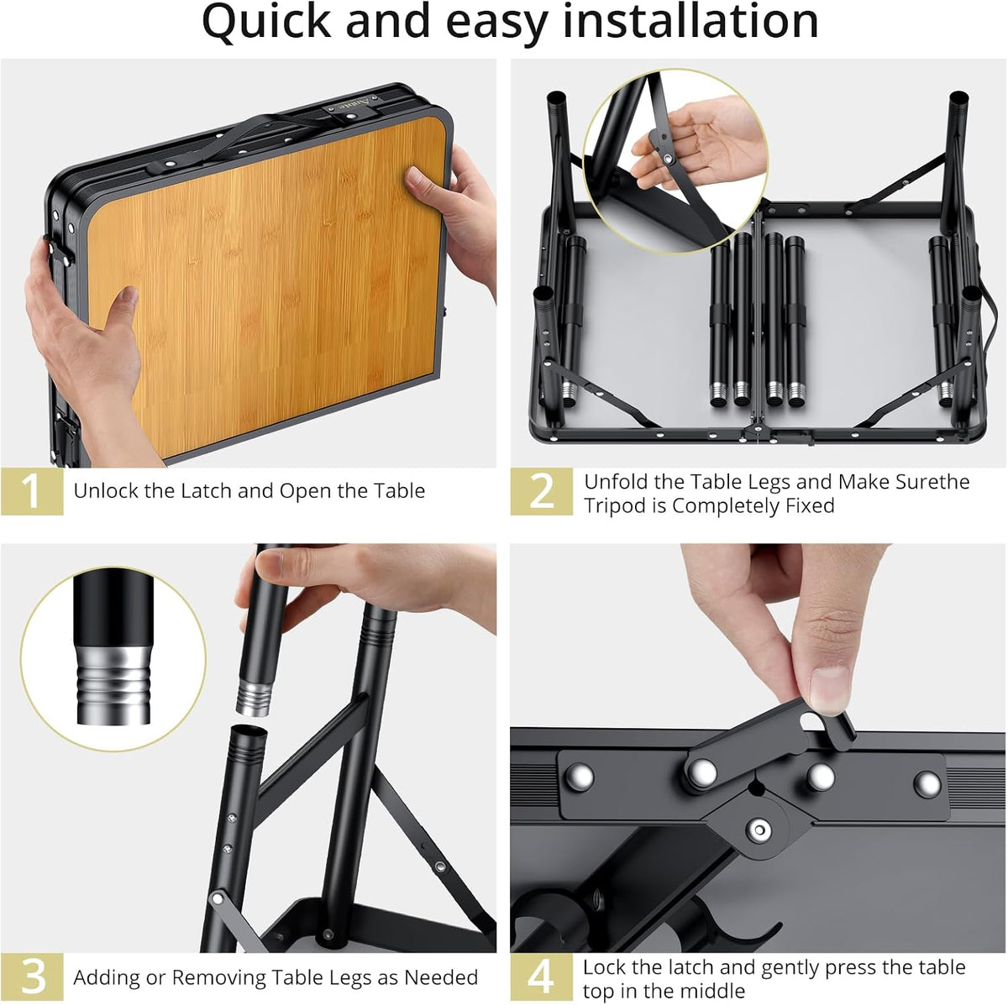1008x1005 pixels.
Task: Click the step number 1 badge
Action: tap(32, 491)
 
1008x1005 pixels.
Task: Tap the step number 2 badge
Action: tap(542, 491)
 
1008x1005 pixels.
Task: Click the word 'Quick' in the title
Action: tap(266, 23)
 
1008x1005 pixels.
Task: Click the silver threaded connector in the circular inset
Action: tap(113, 685)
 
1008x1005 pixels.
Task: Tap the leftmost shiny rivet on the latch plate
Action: tap(580, 777)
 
